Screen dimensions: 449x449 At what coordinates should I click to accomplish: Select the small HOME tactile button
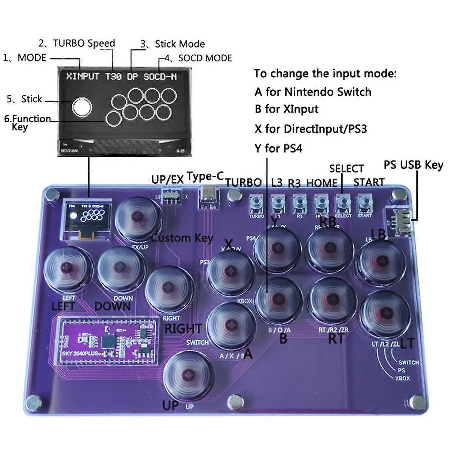pyautogui.click(x=321, y=203)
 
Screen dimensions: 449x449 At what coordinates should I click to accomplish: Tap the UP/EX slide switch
pyautogui.click(x=171, y=196)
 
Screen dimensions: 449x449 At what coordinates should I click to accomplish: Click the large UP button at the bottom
pyautogui.click(x=188, y=376)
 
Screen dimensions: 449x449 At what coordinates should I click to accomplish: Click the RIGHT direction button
pyautogui.click(x=169, y=289)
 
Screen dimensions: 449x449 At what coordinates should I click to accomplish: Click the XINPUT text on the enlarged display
pyautogui.click(x=82, y=77)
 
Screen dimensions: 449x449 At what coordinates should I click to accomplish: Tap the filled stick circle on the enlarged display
pyautogui.click(x=81, y=107)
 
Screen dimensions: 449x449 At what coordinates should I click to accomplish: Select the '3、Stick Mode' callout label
pyautogui.click(x=172, y=44)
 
